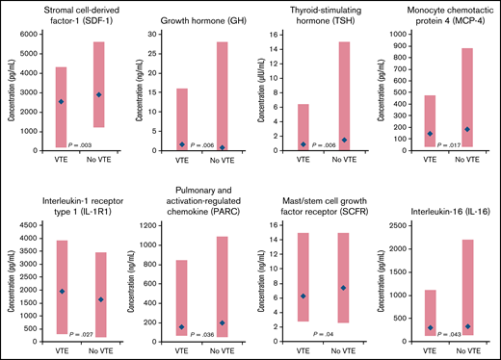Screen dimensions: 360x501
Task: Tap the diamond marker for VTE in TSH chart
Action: pyautogui.click(x=303, y=144)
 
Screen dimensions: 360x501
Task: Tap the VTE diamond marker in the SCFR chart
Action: pyautogui.click(x=303, y=296)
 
